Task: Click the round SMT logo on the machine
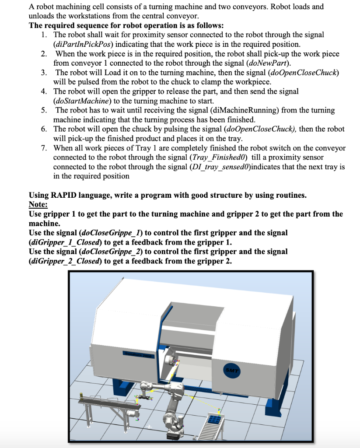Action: [x=231, y=371]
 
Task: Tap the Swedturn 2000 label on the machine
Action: [x=139, y=355]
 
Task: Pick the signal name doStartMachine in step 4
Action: [x=83, y=101]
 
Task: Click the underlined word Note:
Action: [x=38, y=205]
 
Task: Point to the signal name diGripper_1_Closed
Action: [x=65, y=242]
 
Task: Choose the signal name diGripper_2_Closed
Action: [x=65, y=261]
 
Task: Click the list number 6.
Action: [x=44, y=129]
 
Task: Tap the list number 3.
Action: [x=44, y=73]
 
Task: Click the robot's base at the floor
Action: [x=173, y=429]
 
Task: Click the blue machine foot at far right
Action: [x=273, y=406]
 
